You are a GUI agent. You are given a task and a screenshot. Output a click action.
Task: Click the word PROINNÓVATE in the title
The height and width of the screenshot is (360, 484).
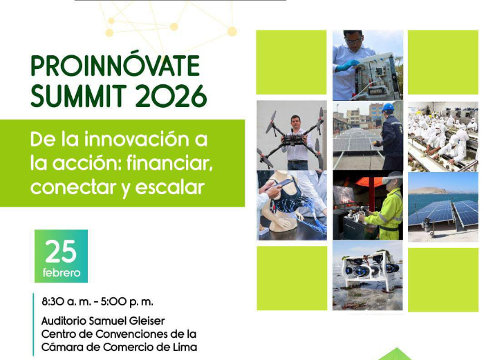click(x=115, y=66)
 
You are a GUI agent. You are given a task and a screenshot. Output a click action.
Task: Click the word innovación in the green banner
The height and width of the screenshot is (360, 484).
click(x=133, y=140)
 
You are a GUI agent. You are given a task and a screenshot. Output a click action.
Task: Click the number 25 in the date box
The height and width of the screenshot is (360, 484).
click(x=61, y=252)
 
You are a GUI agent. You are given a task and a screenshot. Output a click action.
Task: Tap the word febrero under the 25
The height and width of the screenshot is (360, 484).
click(x=61, y=273)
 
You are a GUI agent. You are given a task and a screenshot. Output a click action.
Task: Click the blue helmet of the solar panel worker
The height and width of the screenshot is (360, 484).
click(x=388, y=108)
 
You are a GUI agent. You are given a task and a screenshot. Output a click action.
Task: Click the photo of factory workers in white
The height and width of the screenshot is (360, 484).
click(x=442, y=135)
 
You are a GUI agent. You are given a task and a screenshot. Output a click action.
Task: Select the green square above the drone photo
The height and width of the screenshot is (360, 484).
click(x=291, y=62)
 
